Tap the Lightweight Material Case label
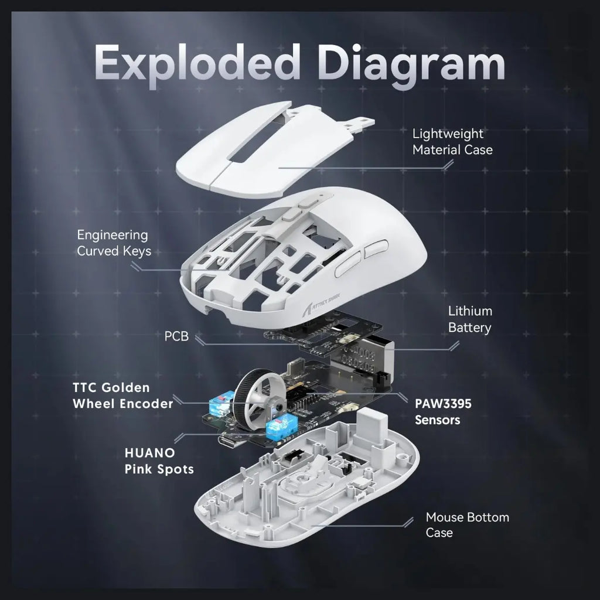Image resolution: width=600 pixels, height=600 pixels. (452, 142)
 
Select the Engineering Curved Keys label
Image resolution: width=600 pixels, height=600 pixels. (114, 243)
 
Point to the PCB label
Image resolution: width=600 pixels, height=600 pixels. (176, 336)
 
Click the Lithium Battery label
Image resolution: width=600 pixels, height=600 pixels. (470, 319)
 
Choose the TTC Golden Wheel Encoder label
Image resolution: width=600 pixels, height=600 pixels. (123, 396)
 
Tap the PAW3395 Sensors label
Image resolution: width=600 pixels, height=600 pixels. (443, 412)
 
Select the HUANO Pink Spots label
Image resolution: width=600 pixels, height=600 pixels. (159, 461)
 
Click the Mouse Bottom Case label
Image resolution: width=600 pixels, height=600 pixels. (467, 524)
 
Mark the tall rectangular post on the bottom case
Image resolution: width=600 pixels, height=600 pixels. (371, 427)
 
